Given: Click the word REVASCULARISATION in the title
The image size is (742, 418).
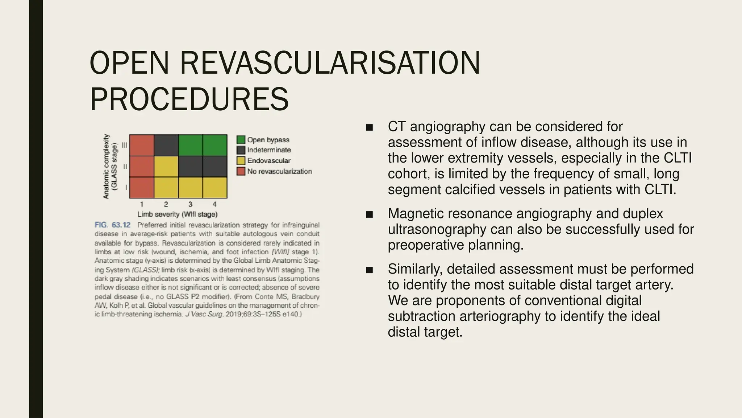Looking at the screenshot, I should pyautogui.click(x=330, y=63).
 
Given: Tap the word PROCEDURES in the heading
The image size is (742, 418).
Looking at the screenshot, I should pyautogui.click(x=189, y=99).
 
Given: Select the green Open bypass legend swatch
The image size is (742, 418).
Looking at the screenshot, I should pyautogui.click(x=241, y=140).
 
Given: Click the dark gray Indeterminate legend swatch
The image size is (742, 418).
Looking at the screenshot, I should pyautogui.click(x=241, y=150).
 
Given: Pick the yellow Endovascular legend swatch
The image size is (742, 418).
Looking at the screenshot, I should pyautogui.click(x=241, y=160).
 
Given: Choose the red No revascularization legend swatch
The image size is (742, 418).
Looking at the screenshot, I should pyautogui.click(x=241, y=171).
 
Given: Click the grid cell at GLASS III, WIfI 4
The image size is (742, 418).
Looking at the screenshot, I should pyautogui.click(x=215, y=145).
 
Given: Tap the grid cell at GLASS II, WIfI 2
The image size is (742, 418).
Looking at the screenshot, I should pyautogui.click(x=166, y=167).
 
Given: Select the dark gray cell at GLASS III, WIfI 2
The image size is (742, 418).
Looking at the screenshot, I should pyautogui.click(x=166, y=145).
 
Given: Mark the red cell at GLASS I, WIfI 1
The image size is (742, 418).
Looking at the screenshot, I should pyautogui.click(x=142, y=188).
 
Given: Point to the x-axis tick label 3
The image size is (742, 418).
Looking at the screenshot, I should pyautogui.click(x=190, y=204).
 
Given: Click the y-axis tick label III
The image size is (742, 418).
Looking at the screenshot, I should pyautogui.click(x=124, y=145).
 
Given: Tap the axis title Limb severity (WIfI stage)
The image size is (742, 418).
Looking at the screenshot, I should pyautogui.click(x=178, y=214).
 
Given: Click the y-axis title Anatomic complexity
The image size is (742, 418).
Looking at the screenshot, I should pyautogui.click(x=106, y=167).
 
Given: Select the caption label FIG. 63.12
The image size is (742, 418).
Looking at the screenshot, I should pyautogui.click(x=112, y=225).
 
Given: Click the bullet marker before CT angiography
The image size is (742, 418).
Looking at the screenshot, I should pyautogui.click(x=369, y=127).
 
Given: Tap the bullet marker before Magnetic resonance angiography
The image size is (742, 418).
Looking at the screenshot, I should pyautogui.click(x=369, y=214).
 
